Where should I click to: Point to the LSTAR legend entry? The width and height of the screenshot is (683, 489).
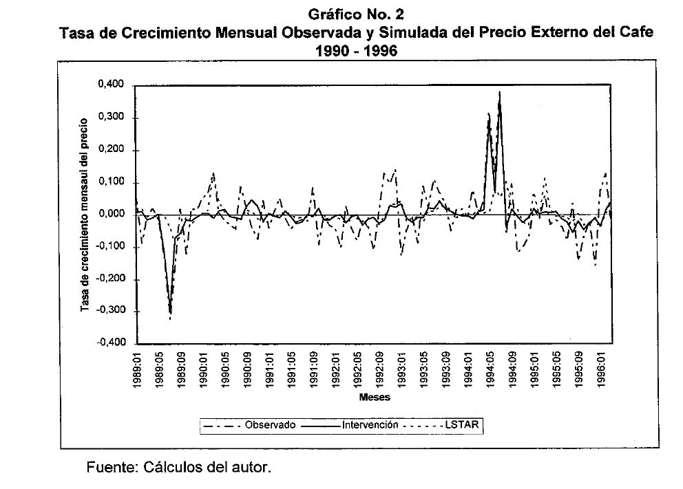(459, 426)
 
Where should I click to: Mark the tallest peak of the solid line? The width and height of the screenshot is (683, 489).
(499, 92)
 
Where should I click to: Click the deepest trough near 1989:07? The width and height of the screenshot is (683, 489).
(170, 314)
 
